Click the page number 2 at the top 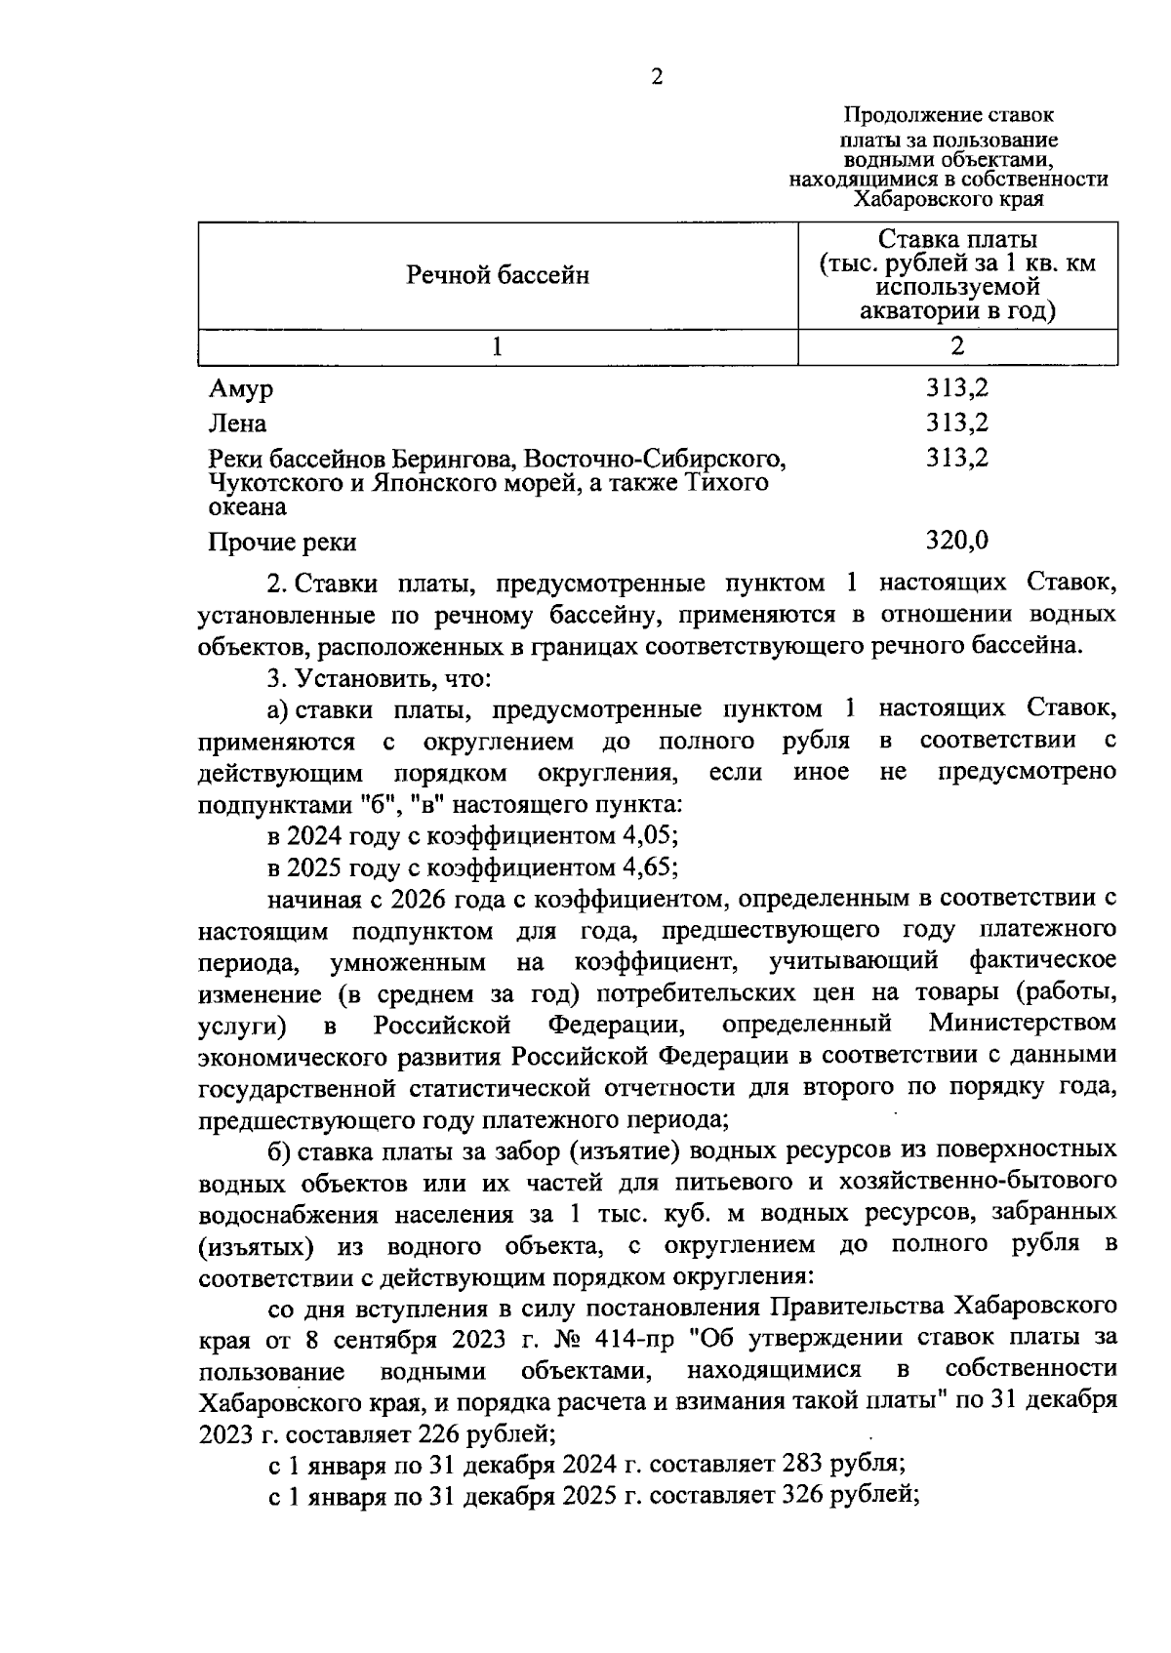[x=656, y=77]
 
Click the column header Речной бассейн [x=498, y=275]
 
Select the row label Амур [x=241, y=389]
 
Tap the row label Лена [x=237, y=423]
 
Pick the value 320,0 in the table [x=956, y=540]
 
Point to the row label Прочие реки [x=283, y=542]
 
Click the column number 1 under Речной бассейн [x=498, y=346]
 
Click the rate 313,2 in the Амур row [x=956, y=387]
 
